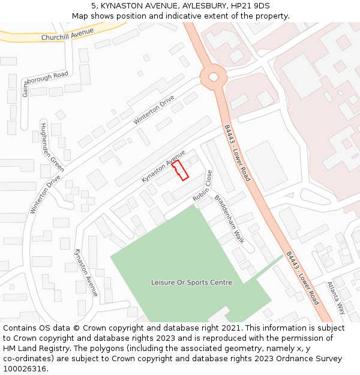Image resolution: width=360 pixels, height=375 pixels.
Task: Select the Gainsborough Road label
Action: [x=44, y=84]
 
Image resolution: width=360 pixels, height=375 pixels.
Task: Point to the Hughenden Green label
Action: [x=53, y=147]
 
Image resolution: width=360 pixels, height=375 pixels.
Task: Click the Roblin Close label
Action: [x=203, y=186]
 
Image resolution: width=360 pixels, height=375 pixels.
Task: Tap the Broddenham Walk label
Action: [x=229, y=218]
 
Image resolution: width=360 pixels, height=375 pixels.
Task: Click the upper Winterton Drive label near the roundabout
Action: [x=154, y=110]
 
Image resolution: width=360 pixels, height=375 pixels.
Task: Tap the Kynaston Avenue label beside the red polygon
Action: [x=163, y=167]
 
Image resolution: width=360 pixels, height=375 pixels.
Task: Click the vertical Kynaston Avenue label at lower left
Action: [x=86, y=272]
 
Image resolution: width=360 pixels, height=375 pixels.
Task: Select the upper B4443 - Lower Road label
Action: [x=237, y=152]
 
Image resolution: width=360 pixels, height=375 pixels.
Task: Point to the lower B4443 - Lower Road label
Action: [x=302, y=278]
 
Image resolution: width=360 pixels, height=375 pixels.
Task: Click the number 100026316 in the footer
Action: [x=25, y=369]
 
